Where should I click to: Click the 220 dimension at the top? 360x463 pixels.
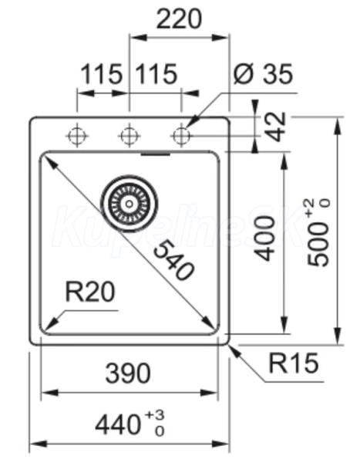[x=179, y=19]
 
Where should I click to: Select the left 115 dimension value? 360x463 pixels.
[x=101, y=74]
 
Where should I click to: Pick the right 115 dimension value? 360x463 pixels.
[x=156, y=74]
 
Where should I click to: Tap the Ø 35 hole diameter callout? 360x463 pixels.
[x=263, y=73]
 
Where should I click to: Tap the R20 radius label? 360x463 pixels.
[x=89, y=292]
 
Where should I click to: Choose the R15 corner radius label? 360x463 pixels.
[x=294, y=363]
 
